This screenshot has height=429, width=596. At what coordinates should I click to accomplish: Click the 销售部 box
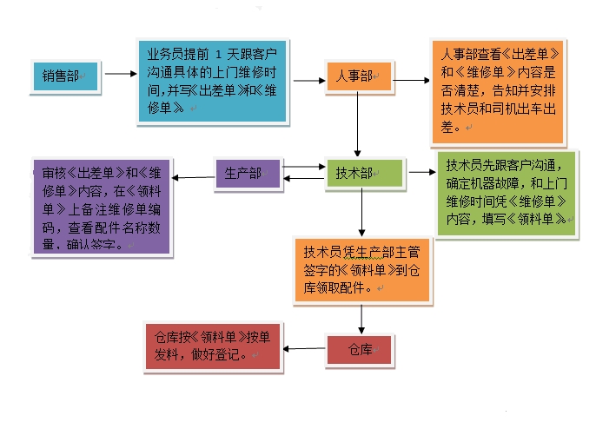pyautogui.click(x=65, y=76)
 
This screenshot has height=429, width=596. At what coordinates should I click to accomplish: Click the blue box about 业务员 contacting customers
pyautogui.click(x=212, y=79)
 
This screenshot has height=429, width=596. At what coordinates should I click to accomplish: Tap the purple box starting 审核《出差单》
pyautogui.click(x=100, y=205)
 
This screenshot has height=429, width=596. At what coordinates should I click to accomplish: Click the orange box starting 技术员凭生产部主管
pyautogui.click(x=361, y=269)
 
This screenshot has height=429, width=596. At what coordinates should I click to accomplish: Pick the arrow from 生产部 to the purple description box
pyautogui.click(x=193, y=178)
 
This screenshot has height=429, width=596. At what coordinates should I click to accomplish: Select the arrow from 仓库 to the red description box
pyautogui.click(x=305, y=348)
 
